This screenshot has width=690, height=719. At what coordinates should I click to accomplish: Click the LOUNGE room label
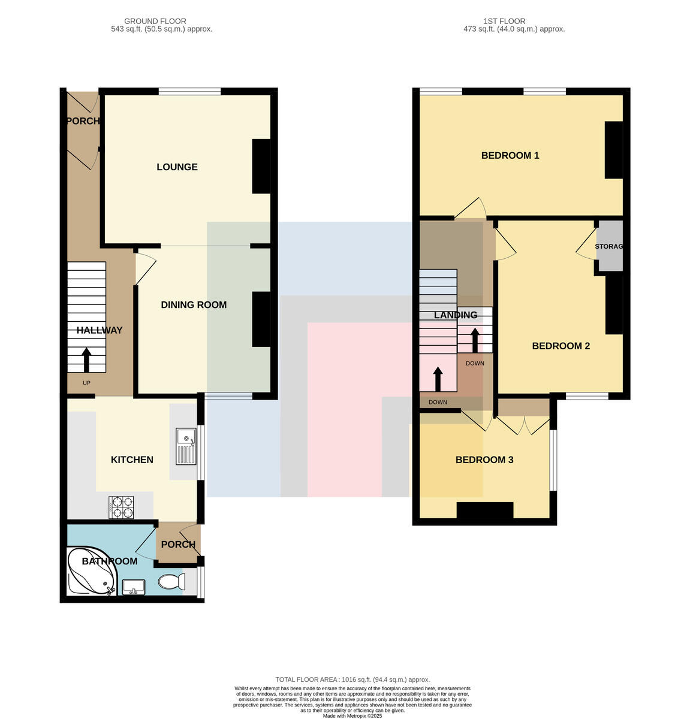177,167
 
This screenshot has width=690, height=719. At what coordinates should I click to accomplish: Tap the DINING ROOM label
193,304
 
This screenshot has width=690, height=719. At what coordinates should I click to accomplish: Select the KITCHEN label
131,459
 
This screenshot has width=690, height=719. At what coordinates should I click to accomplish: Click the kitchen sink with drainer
185,446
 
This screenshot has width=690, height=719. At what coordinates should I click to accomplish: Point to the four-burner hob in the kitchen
121,507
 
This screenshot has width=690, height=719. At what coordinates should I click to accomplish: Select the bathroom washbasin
133,587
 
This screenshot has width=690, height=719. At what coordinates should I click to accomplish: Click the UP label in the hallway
86,383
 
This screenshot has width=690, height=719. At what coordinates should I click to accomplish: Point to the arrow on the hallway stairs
86,359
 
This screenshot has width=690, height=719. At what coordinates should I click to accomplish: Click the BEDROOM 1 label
510,155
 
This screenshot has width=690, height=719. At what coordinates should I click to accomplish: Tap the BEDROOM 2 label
561,346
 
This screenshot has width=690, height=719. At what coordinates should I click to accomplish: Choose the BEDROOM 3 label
484,459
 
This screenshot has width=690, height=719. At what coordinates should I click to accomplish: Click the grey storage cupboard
610,246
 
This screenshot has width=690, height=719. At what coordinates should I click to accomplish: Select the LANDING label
456,315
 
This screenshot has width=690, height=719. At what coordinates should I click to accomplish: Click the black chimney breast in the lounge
261,166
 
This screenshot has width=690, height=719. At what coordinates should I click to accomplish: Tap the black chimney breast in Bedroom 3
484,510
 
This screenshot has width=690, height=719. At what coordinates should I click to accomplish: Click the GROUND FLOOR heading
155,21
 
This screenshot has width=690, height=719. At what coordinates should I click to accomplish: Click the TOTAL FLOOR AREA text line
352,679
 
